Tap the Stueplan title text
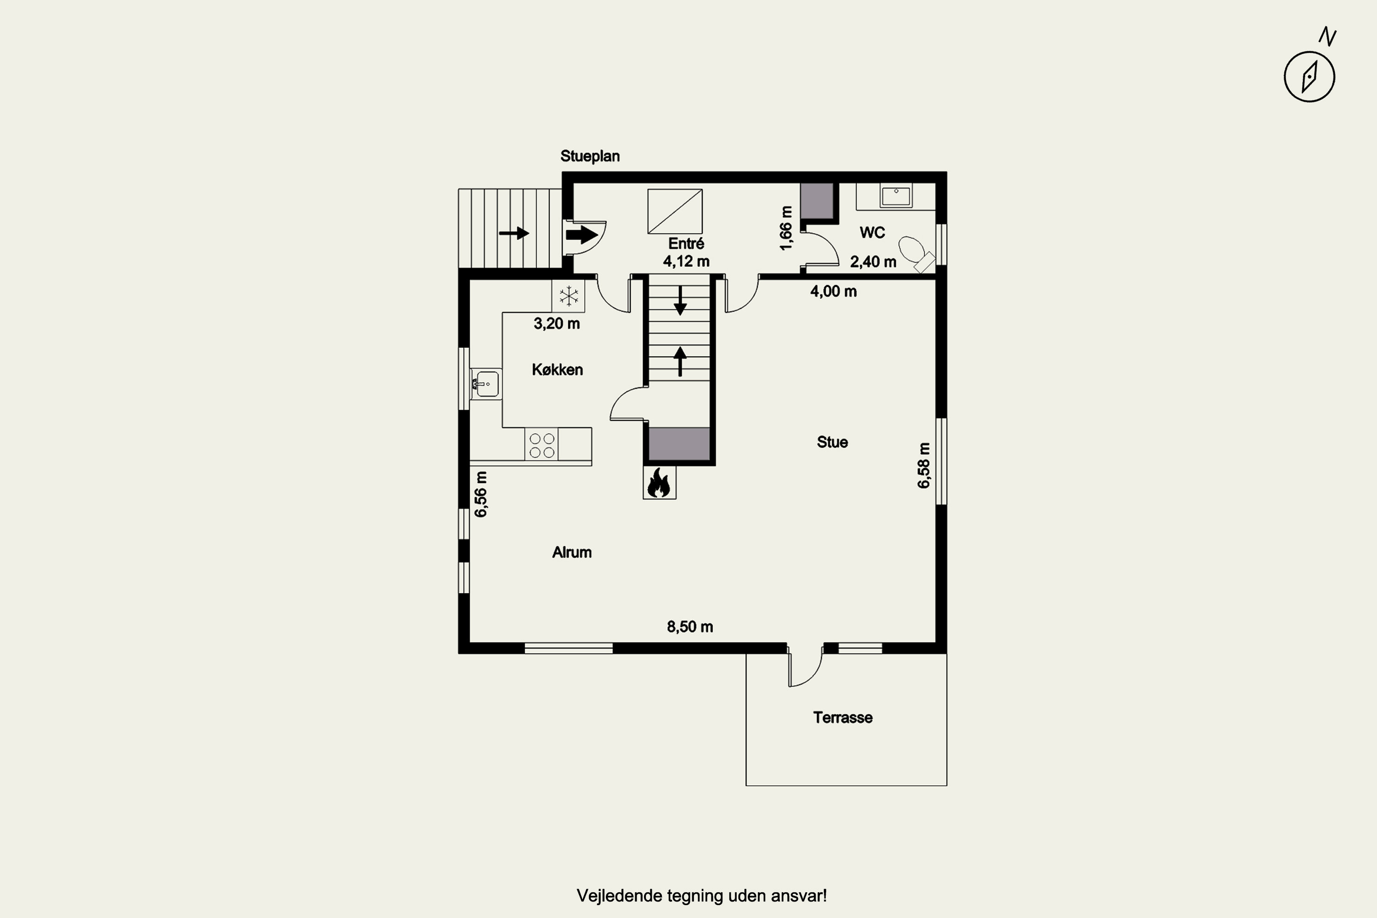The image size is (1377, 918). point(589,157)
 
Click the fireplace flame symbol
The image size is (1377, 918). point(659,483)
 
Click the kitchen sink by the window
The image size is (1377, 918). point(486,384)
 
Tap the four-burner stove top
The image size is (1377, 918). point(542,445)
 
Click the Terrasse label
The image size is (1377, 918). point(842,718)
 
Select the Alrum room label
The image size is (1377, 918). point(572,553)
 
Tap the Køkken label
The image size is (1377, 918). point(557,370)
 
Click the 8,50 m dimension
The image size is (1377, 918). point(690,627)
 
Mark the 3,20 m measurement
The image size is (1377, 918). point(557,324)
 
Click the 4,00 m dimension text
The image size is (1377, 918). point(833,291)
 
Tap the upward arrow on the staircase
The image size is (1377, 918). point(680,361)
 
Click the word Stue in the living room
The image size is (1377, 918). point(832,442)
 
